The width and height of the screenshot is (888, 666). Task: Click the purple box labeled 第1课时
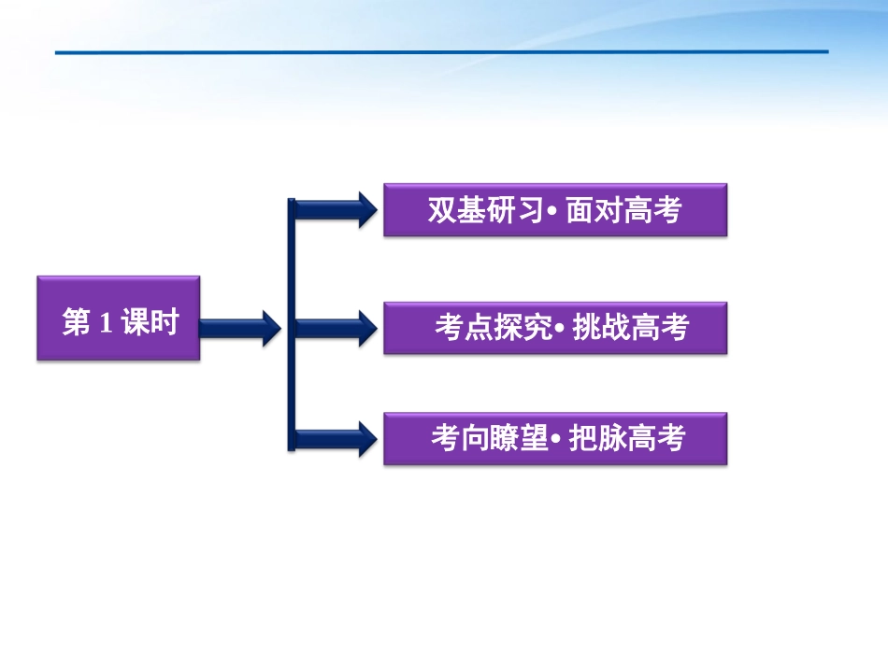click(x=119, y=319)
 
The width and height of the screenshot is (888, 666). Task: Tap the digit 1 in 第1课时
click(x=105, y=324)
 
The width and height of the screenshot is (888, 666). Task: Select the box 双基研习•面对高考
click(x=554, y=209)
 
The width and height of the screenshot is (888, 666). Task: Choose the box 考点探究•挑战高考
click(x=554, y=328)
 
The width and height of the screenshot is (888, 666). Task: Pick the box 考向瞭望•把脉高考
click(x=554, y=438)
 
